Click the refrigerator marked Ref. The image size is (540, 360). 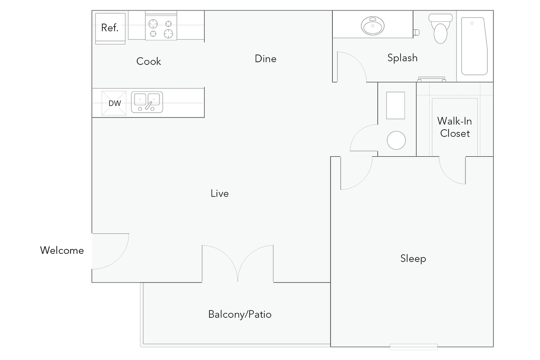tap(110, 28)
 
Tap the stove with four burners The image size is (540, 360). tap(161, 28)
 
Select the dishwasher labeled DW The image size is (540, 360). tap(114, 103)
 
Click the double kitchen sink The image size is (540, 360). tap(147, 102)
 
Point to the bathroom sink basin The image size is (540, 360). tap(373, 26)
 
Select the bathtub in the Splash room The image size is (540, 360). tap(473, 46)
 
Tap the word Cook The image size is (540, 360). tap(148, 61)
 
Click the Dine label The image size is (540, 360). tap(266, 59)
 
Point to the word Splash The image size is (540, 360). tap(402, 58)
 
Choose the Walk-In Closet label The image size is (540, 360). tap(455, 127)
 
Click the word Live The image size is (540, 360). tap(219, 194)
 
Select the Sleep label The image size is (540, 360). tap(413, 259)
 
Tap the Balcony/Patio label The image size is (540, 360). tap(240, 314)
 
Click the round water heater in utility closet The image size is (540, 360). tap(396, 140)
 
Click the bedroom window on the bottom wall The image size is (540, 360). tap(413, 347)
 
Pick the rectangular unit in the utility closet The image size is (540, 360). tap(395, 105)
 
